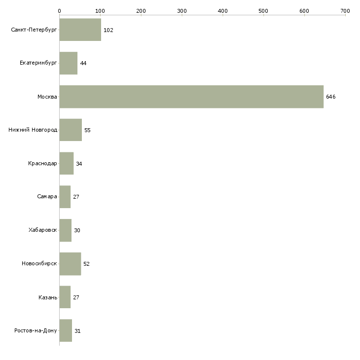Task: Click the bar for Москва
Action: pyautogui.click(x=191, y=97)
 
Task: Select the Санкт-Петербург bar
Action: pyautogui.click(x=80, y=30)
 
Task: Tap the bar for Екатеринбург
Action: pyautogui.click(x=68, y=63)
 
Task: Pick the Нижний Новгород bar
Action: pyautogui.click(x=71, y=130)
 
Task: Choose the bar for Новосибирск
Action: pyautogui.click(x=70, y=264)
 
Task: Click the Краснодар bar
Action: pyautogui.click(x=66, y=164)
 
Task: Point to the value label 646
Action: pyautogui.click(x=330, y=97)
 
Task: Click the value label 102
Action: pyautogui.click(x=108, y=30)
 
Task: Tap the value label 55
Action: pyautogui.click(x=87, y=130)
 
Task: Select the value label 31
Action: pyautogui.click(x=77, y=331)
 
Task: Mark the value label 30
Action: pyautogui.click(x=77, y=230)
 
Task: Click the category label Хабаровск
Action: pyautogui.click(x=43, y=230)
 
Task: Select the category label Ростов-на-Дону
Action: pyautogui.click(x=36, y=331)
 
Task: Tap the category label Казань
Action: pyautogui.click(x=47, y=297)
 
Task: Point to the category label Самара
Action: pyautogui.click(x=47, y=197)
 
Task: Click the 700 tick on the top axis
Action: pyautogui.click(x=345, y=10)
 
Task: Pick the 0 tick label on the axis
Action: pyautogui.click(x=59, y=10)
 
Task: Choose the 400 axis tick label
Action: pyautogui.click(x=222, y=10)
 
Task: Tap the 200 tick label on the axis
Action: pyautogui.click(x=141, y=10)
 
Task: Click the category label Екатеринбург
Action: pyautogui.click(x=38, y=63)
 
